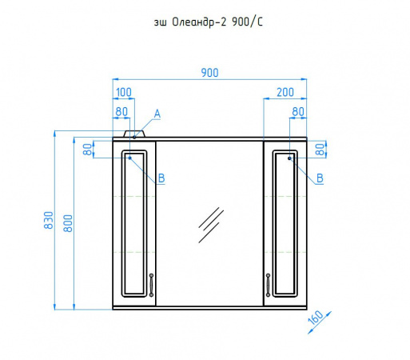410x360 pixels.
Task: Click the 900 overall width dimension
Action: [x=209, y=73]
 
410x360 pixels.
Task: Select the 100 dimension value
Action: [x=124, y=92]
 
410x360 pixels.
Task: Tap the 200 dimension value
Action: [x=285, y=92]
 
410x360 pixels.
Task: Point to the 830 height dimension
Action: [x=49, y=220]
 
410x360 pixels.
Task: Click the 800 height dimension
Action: [x=68, y=223]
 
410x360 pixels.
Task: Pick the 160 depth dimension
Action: [x=316, y=318]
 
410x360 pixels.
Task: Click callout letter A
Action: [x=157, y=114]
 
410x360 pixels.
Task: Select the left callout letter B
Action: [x=161, y=178]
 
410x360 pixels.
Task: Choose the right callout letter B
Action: [x=320, y=178]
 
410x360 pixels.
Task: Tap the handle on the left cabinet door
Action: [x=151, y=285]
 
